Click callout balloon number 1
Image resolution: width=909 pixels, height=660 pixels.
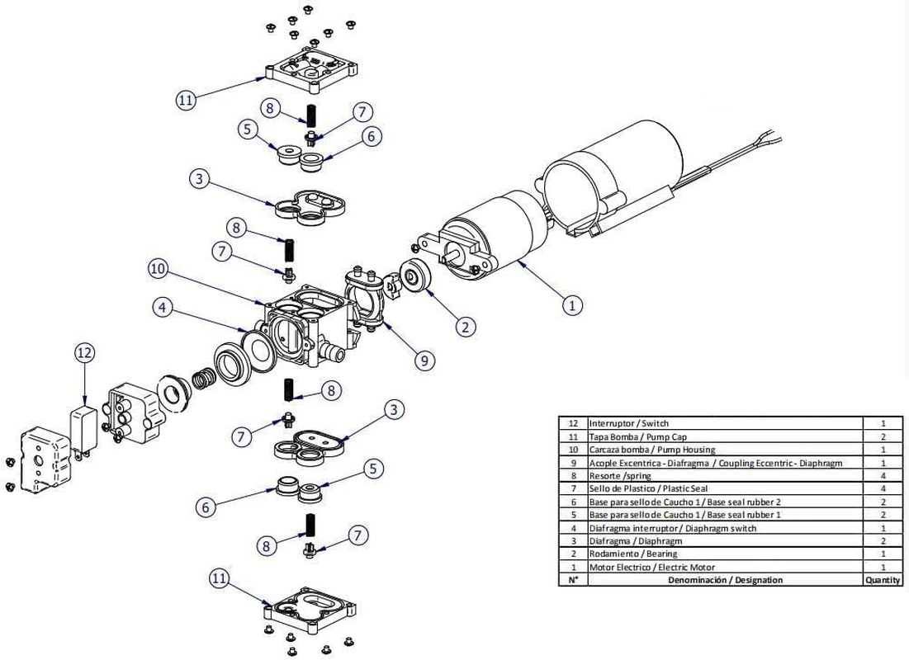pyautogui.click(x=572, y=304)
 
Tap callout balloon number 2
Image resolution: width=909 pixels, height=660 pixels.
pyautogui.click(x=465, y=327)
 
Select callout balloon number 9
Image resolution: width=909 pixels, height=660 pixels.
pyautogui.click(x=424, y=361)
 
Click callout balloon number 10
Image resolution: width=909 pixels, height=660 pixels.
pyautogui.click(x=158, y=269)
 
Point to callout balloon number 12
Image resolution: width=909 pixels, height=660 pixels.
pyautogui.click(x=85, y=353)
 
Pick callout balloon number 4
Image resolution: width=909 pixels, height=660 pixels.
pyautogui.click(x=163, y=307)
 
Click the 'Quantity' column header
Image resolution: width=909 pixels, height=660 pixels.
pyautogui.click(x=883, y=580)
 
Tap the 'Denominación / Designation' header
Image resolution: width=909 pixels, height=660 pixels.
pyautogui.click(x=725, y=580)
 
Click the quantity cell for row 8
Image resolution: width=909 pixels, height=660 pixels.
pyautogui.click(x=883, y=476)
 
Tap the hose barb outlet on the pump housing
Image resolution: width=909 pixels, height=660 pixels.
pyautogui.click(x=330, y=351)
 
